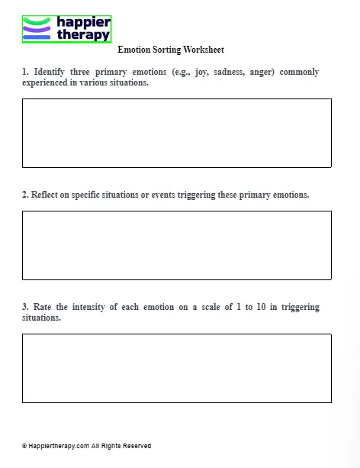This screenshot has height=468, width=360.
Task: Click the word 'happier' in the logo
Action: [x=83, y=23]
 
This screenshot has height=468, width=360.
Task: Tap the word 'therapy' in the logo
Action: [x=83, y=34]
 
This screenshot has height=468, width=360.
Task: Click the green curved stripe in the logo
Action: [x=37, y=21]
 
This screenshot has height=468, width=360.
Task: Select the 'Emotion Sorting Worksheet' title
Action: [x=171, y=50]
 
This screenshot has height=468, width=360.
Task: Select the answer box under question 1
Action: [x=176, y=133]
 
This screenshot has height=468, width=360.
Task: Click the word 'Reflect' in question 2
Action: [x=47, y=195]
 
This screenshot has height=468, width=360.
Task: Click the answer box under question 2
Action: [x=176, y=245]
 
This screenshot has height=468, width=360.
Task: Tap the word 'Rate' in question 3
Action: [x=43, y=307]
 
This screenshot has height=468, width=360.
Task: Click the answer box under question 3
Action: [x=176, y=368]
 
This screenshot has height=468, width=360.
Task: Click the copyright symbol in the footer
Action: [x=24, y=446]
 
